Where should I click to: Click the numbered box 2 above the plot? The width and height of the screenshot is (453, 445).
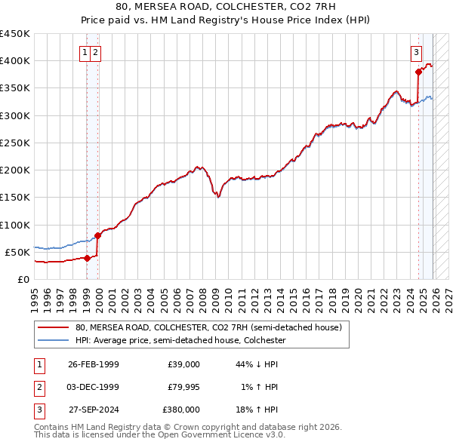(97, 52)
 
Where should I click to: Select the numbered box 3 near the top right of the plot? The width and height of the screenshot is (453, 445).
(416, 52)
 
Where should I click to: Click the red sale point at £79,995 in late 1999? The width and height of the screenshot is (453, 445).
(97, 235)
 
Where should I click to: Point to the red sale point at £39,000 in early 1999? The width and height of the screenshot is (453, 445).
(88, 258)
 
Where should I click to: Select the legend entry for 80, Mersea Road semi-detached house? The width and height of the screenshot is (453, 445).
(208, 328)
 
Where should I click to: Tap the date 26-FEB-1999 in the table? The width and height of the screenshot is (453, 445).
(93, 364)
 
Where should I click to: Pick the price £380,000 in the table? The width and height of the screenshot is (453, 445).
(180, 410)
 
